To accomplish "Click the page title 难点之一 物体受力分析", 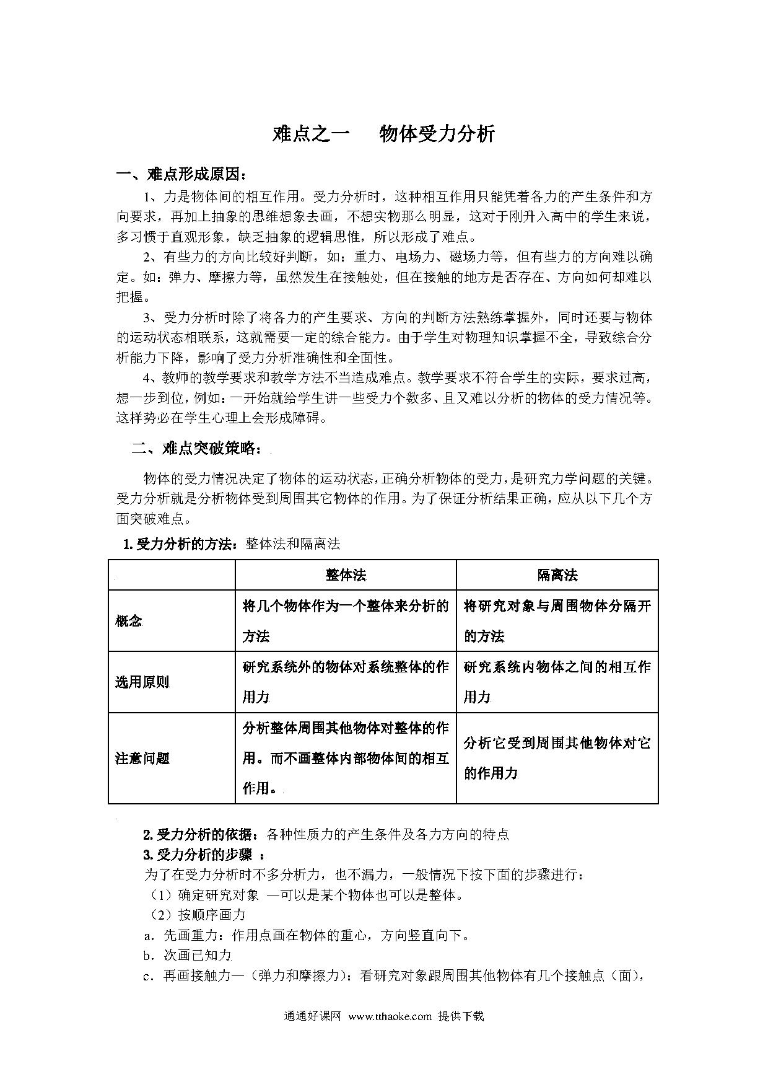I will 383,134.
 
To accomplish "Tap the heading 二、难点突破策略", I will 201,448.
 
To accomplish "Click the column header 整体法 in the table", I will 346,575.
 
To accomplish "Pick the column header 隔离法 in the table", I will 557,575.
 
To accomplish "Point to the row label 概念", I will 129,621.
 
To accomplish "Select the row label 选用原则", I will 142,682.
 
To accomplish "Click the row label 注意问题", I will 142,758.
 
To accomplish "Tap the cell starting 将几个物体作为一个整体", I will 346,621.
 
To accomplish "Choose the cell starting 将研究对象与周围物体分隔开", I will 557,621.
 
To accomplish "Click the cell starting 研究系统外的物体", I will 346,682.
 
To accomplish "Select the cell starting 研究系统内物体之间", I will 557,682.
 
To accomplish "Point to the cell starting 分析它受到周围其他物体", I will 557,758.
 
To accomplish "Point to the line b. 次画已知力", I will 187,955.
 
